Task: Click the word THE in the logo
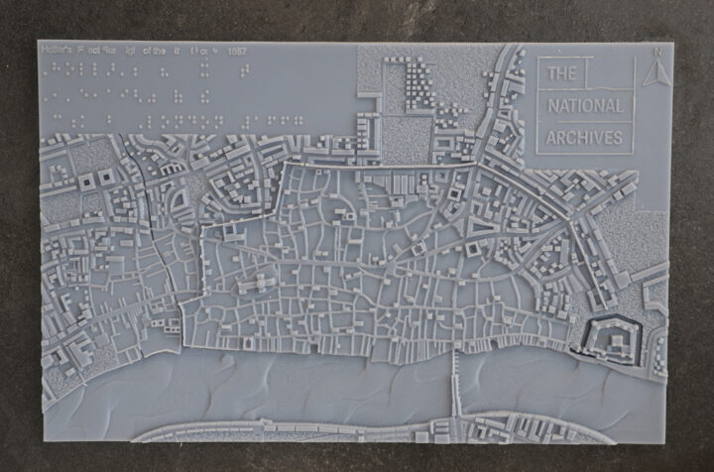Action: (561, 73)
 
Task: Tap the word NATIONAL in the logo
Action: (585, 105)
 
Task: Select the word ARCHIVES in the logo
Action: (585, 137)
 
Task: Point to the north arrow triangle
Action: (655, 71)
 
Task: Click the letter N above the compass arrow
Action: (655, 52)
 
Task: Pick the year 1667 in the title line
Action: (235, 50)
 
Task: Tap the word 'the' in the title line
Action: (156, 50)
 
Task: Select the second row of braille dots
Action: (129, 94)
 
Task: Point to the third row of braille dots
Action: (178, 119)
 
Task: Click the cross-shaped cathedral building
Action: (261, 284)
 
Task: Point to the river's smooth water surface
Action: (297, 392)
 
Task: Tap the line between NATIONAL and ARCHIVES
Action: (585, 121)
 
